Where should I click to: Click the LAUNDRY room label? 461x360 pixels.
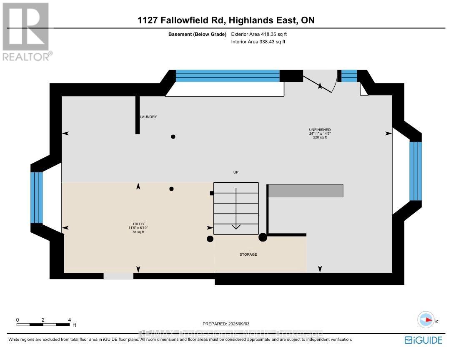[x=149, y=117]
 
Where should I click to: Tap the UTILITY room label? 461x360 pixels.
[x=138, y=228]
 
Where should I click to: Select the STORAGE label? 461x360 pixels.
[x=248, y=254]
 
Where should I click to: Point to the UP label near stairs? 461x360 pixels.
[x=236, y=172]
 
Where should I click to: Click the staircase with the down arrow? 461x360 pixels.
[x=236, y=208]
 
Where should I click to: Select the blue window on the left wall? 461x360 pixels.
[x=37, y=197]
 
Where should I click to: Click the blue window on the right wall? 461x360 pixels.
[x=415, y=171]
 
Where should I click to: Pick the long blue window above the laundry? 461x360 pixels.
[x=227, y=76]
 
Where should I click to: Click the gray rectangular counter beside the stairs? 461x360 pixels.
[x=306, y=191]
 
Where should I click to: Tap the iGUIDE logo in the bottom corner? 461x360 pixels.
[x=423, y=340]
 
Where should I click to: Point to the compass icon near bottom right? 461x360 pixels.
[x=426, y=320]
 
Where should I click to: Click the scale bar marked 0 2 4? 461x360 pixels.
[x=43, y=324]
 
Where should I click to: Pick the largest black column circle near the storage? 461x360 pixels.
[x=263, y=237]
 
